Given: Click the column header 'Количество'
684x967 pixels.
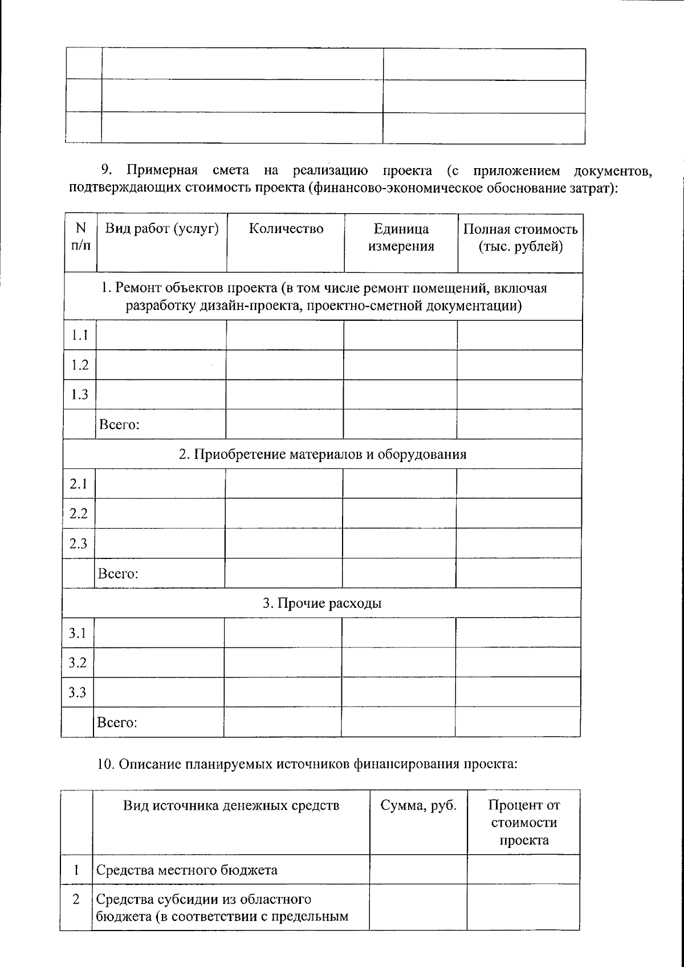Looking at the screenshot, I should pos(286,229).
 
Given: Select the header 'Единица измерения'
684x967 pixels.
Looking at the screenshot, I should pos(401,238).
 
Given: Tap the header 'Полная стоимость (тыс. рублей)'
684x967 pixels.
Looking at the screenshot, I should pos(520,238).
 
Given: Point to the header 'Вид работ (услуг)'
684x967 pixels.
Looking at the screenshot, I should pos(162,229).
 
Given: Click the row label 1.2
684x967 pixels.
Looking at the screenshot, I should pos(80,365).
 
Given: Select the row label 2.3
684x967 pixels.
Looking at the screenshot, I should pos(78,544).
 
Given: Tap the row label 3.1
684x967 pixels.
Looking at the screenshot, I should pos(78,633).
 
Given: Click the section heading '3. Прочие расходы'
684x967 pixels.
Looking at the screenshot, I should pos(322,603).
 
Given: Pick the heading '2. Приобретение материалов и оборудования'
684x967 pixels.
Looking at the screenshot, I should pos(323,455).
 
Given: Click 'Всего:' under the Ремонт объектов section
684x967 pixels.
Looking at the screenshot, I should pos(120,425).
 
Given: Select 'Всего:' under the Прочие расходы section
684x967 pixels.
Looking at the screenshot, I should pos(117,723).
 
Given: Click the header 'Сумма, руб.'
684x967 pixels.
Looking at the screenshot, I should pos(418,805).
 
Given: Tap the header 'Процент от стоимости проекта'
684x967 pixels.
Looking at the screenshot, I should pos(523,822).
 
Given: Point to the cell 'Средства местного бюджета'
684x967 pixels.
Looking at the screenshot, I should pos(187,870).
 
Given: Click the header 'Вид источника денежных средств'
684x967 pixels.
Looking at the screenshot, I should pos(231,805).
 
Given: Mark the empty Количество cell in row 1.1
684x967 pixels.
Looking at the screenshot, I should pos(285,335).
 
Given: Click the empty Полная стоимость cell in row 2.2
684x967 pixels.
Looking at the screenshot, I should pos(519,513).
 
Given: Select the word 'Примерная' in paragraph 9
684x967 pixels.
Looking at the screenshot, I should pos(162,170).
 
